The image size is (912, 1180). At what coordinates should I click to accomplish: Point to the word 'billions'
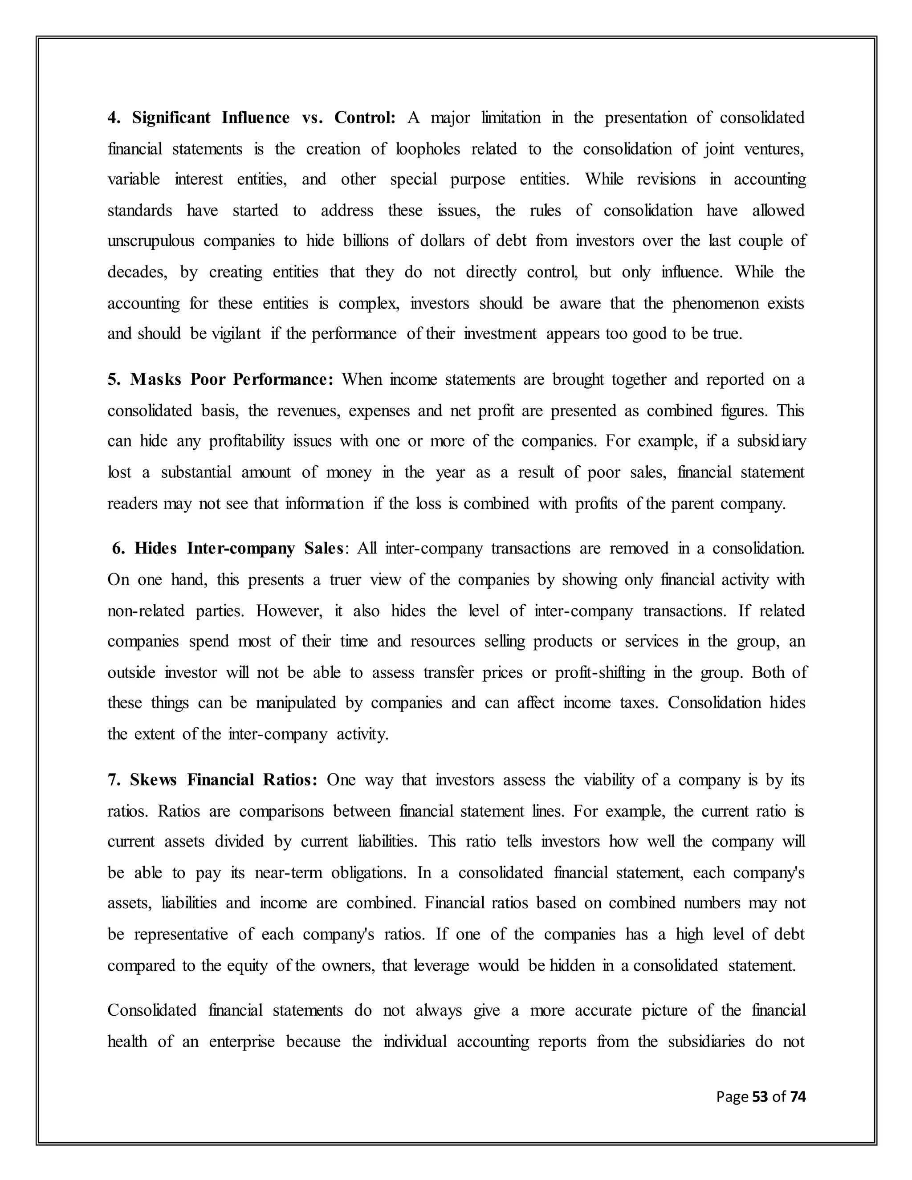[366, 240]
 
